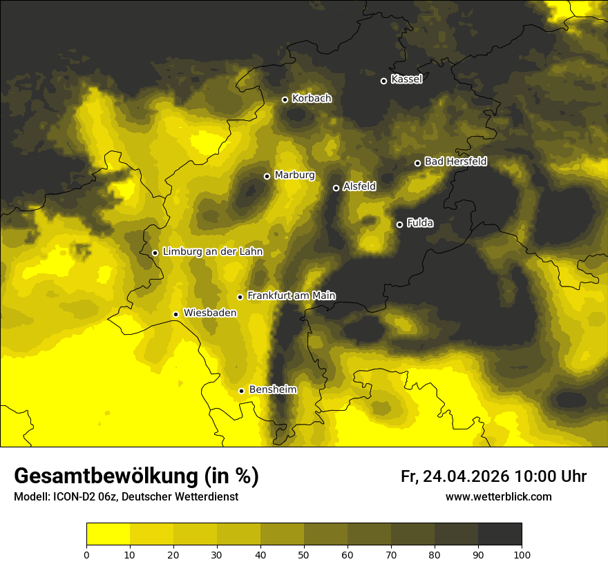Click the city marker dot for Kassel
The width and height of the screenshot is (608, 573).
click(x=383, y=81)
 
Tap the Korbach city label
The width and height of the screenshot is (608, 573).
click(x=312, y=99)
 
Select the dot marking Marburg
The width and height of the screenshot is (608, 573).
click(x=267, y=176)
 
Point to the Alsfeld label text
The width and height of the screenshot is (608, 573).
click(x=359, y=186)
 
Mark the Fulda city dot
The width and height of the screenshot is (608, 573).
click(x=399, y=224)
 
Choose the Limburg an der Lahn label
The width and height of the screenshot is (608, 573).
click(x=212, y=252)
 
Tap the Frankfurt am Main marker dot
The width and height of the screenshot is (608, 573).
click(x=240, y=297)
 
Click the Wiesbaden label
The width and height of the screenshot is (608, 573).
click(x=210, y=313)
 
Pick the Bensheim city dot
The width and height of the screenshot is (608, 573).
click(x=241, y=391)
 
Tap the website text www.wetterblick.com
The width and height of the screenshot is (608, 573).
click(x=498, y=497)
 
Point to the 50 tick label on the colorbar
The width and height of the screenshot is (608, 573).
click(x=304, y=554)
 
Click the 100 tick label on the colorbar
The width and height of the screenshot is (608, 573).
click(x=522, y=554)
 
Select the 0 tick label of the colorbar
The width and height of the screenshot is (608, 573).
click(x=86, y=554)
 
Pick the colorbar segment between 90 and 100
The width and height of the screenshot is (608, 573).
click(x=500, y=534)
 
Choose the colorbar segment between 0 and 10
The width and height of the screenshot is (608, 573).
click(x=108, y=534)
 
